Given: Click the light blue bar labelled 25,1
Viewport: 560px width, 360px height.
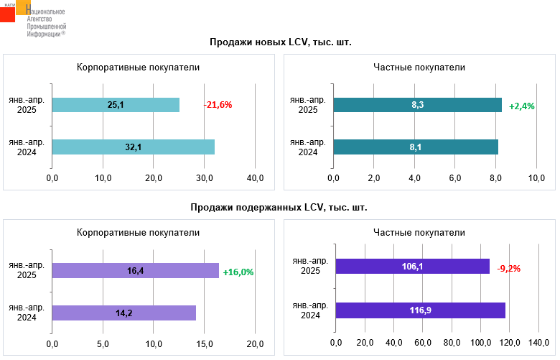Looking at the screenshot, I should pos(116,105).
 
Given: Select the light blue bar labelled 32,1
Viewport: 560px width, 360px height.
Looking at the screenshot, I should pos(134,147).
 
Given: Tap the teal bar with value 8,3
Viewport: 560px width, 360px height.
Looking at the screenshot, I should pos(417,105).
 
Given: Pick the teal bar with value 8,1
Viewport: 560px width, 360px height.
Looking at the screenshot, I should pos(416,147).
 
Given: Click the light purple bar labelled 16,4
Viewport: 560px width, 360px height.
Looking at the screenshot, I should pos(136,270).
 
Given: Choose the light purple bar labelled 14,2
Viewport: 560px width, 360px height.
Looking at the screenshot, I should pos(124,313).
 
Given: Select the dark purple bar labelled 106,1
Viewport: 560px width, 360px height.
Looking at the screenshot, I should pos(412,267).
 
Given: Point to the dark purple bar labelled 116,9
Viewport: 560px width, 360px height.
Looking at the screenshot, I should pos(420,310).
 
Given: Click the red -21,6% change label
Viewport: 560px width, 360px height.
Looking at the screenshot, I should pos(218,105).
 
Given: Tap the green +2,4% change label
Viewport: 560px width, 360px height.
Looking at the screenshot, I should pos(522,106).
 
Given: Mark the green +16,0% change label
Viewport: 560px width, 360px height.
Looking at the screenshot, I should pos(238,272).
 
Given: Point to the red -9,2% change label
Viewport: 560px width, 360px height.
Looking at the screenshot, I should pos(508,268).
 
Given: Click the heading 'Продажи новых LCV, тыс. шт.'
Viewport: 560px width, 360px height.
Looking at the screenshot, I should pos(280,42).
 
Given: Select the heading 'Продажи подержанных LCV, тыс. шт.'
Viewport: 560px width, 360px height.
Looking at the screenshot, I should pos(279,208).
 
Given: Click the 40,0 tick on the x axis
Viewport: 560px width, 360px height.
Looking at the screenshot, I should pos(256,177).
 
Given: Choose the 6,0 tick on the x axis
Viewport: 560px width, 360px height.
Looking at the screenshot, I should pos(455,177).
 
